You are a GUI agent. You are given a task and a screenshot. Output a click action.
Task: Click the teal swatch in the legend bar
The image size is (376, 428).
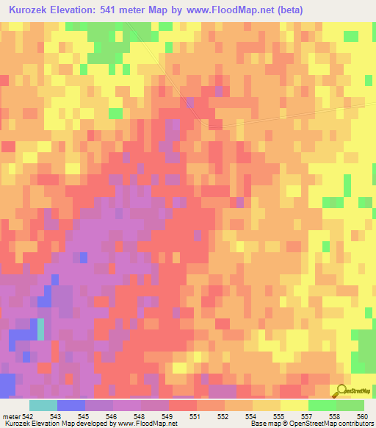pyautogui.click(x=43, y=405)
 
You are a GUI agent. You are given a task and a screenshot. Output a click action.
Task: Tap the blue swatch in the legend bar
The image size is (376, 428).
pyautogui.click(x=71, y=405)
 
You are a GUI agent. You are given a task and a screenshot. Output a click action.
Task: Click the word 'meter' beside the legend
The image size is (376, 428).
pyautogui.click(x=12, y=416)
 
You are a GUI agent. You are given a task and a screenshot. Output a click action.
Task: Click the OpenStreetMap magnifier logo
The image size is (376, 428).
pyautogui.click(x=340, y=391)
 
